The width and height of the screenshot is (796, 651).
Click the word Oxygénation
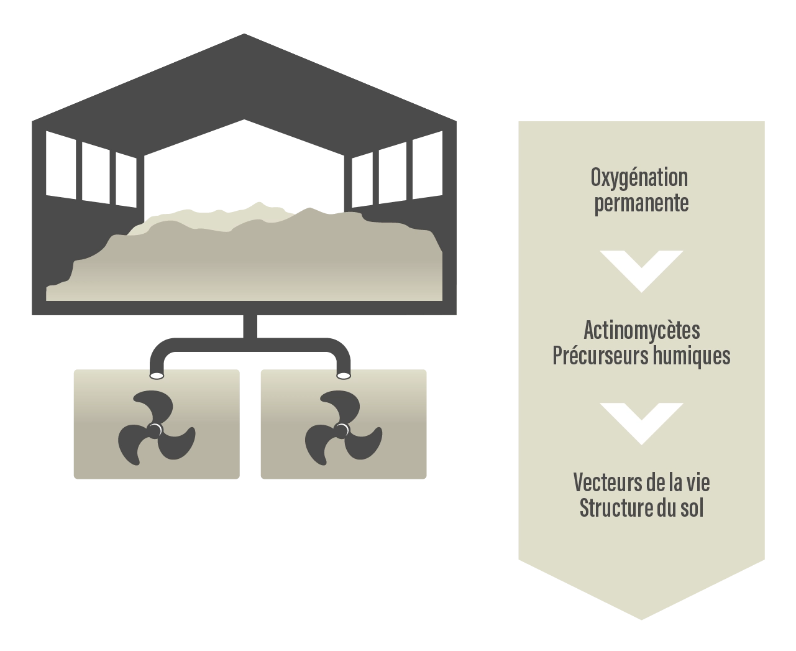point(639,177)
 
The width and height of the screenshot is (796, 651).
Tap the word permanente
point(641,204)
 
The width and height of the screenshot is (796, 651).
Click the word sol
point(693,508)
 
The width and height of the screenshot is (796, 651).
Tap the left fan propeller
point(155,429)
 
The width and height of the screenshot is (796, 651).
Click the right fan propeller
point(341,429)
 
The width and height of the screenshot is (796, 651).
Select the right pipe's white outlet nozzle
point(343,375)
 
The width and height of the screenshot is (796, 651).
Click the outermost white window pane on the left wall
point(61,165)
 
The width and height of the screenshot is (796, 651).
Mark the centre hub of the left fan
point(155,430)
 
